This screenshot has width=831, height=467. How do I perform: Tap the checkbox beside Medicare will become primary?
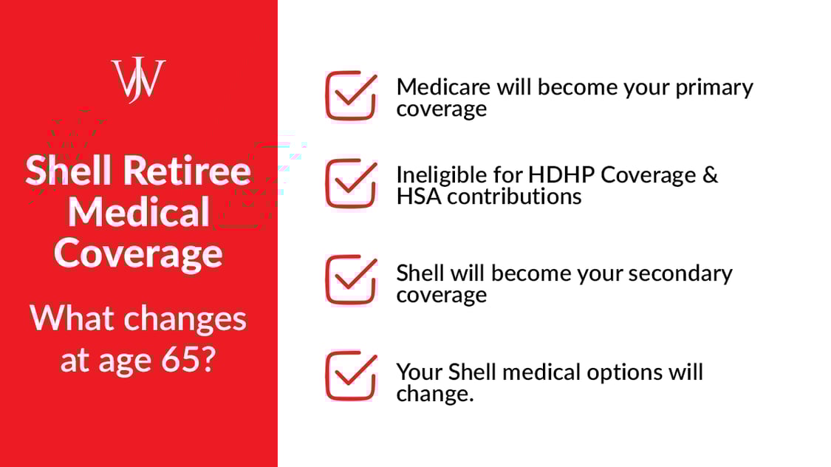351,96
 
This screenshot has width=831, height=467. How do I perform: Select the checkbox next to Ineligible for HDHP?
351,184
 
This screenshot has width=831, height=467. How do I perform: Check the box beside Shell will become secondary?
351,280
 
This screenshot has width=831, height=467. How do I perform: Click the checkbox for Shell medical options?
351,376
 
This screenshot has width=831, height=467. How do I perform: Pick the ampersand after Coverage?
710,175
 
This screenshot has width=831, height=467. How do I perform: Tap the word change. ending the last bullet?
434,393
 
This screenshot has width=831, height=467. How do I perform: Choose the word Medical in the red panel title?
139,213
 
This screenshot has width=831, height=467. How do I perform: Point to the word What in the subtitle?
72,318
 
